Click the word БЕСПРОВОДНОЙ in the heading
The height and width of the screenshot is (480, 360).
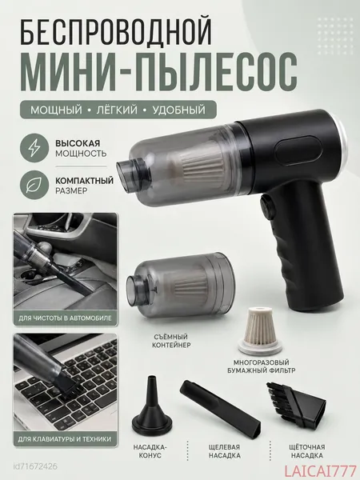pyautogui.click(x=116, y=32)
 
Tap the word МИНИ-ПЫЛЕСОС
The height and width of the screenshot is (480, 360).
pyautogui.click(x=158, y=72)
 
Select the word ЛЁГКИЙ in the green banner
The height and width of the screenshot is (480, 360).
pyautogui.click(x=118, y=110)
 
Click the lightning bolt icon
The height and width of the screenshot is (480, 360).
pyautogui.click(x=34, y=147)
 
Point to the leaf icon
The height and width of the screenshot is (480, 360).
pyautogui.click(x=34, y=186)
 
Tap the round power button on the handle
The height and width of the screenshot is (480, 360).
pyautogui.click(x=266, y=208)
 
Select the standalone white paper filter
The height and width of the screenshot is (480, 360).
pyautogui.click(x=260, y=331)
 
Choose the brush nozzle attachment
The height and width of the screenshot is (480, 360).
pyautogui.click(x=295, y=404)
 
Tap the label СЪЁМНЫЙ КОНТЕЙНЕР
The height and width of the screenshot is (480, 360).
pyautogui.click(x=171, y=341)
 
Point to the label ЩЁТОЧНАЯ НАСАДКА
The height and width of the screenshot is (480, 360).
pyautogui.click(x=307, y=451)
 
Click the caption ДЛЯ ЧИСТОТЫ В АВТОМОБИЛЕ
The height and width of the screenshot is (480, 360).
pyautogui.click(x=66, y=318)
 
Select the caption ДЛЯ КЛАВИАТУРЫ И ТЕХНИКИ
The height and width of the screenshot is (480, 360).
pyautogui.click(x=65, y=439)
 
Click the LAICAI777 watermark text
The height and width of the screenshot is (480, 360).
pyautogui.click(x=321, y=471)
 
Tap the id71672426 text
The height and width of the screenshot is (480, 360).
pyautogui.click(x=35, y=467)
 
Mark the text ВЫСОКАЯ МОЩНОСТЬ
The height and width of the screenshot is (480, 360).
pyautogui.click(x=81, y=148)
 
